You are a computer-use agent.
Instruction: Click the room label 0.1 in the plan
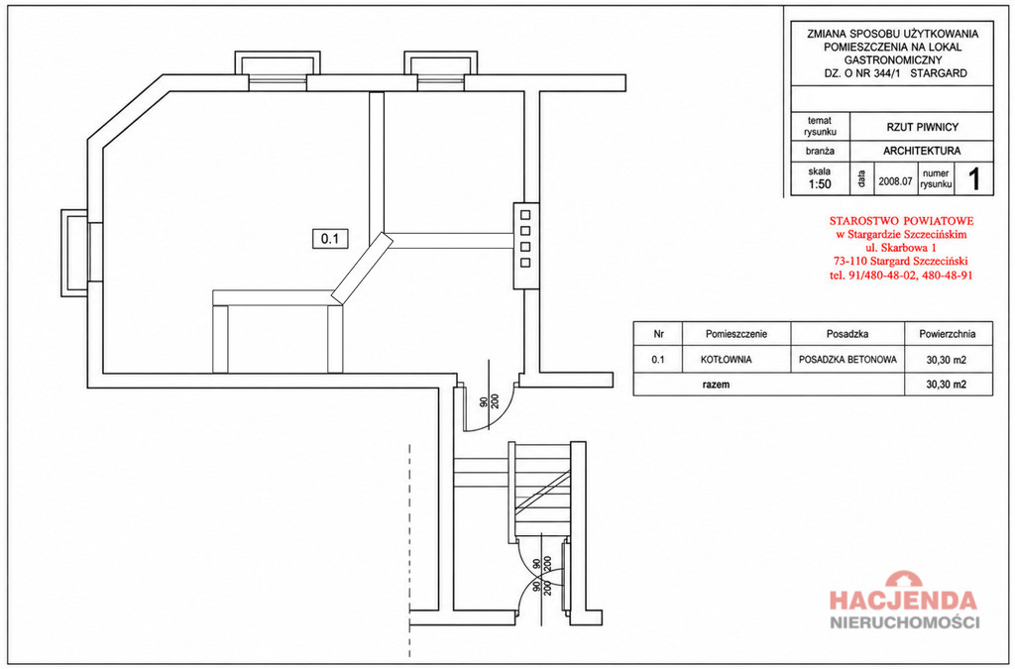[330, 239]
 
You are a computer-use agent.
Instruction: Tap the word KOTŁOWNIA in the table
[726, 360]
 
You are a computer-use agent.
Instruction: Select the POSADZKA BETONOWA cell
[847, 360]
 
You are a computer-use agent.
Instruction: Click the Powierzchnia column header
[947, 335]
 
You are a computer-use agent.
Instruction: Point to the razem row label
[716, 385]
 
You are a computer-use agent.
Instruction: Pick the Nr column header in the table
[659, 335]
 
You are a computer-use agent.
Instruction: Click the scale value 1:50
[820, 184]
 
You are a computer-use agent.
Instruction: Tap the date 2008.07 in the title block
[895, 181]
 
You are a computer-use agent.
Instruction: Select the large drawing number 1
[974, 178]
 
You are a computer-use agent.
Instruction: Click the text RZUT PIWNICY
[923, 128]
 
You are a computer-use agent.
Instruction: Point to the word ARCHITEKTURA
[922, 152]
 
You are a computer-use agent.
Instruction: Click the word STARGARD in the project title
[939, 73]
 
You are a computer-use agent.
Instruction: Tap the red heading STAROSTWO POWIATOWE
[901, 221]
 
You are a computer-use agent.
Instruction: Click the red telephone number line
[901, 275]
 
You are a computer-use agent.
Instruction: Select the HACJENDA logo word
[904, 601]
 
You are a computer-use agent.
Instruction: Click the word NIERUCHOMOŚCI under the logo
[904, 623]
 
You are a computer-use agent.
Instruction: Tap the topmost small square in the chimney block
[525, 215]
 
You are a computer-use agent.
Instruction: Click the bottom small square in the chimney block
[525, 263]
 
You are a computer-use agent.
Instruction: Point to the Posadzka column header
[847, 335]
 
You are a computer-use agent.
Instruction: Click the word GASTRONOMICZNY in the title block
[893, 60]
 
